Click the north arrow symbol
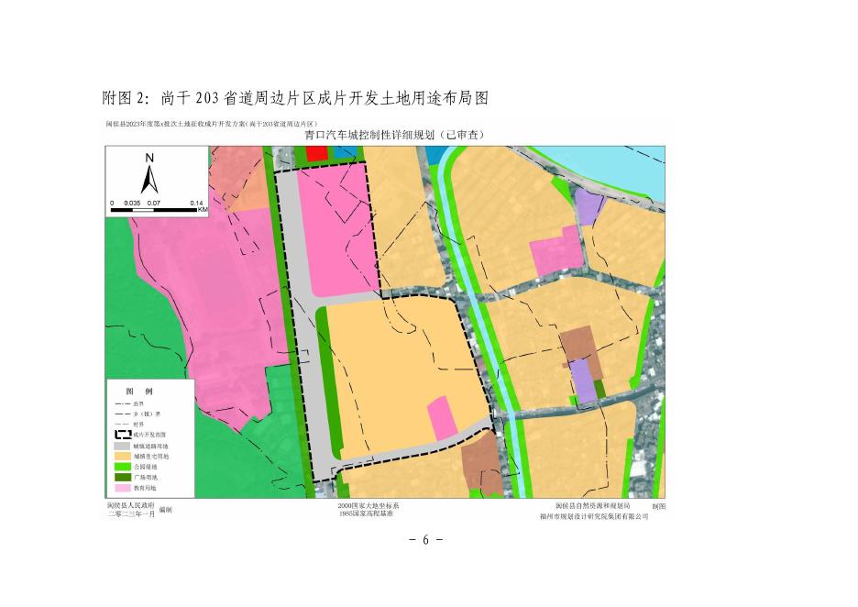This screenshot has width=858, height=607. [150, 179]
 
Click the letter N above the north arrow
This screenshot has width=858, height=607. [149, 157]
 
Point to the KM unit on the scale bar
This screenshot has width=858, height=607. [203, 211]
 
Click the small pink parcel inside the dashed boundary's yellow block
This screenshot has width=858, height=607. [442, 416]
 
